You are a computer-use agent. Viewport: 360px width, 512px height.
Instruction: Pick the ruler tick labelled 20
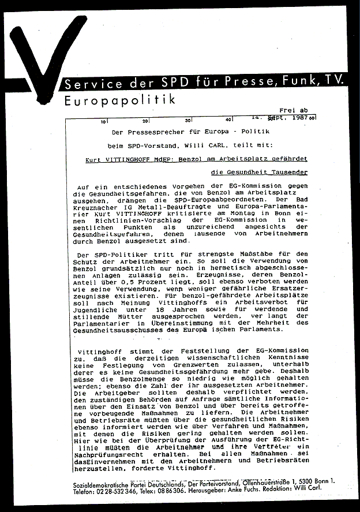point(145,121)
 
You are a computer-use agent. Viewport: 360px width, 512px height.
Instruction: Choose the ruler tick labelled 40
point(228,120)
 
